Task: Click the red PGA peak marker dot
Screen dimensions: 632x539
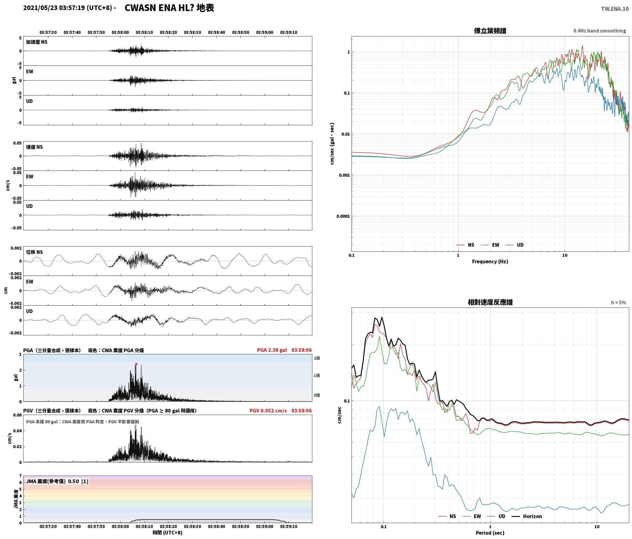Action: tap(136, 364)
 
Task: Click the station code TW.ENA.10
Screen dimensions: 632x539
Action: tap(615, 9)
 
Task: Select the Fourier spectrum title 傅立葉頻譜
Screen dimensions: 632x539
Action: tap(490, 31)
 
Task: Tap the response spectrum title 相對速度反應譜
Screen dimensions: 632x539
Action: tap(490, 302)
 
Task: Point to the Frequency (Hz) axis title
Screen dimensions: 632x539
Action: tap(490, 262)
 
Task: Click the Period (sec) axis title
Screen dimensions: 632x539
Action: tap(490, 533)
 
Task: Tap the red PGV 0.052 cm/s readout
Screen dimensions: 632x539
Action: tap(268, 411)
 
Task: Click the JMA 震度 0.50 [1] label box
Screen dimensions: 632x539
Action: tap(57, 481)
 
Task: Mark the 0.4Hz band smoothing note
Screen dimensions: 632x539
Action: tap(600, 31)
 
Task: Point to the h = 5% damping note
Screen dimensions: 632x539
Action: tap(619, 303)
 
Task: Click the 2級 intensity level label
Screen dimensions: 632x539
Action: tap(317, 358)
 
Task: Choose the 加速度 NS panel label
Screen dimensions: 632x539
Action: tap(37, 42)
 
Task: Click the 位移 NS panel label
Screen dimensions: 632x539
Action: tap(34, 252)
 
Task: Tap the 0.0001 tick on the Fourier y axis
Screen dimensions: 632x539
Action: tap(343, 216)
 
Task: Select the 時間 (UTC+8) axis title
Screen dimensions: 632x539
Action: tap(168, 533)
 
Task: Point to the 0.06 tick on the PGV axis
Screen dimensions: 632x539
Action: tap(17, 415)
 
